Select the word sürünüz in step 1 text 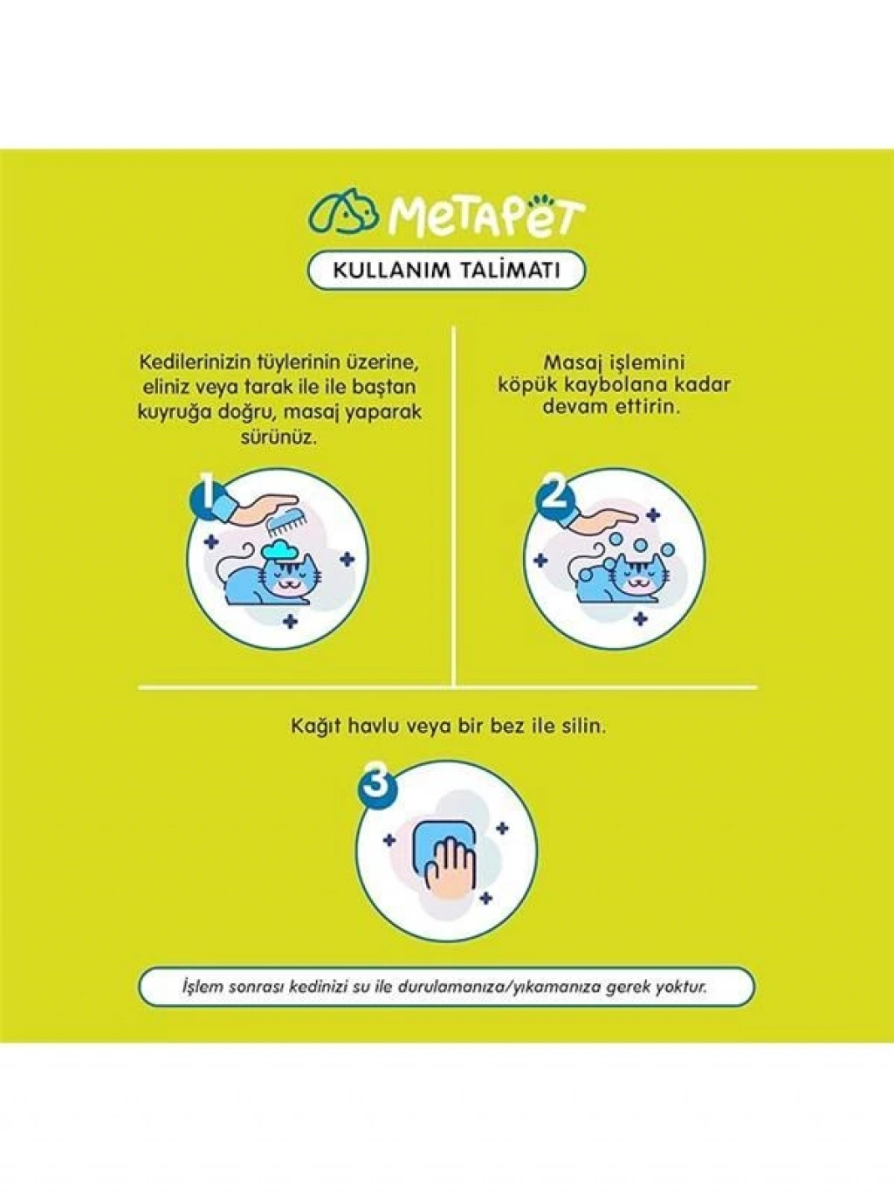pyautogui.click(x=279, y=438)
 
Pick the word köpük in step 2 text pyautogui.click(x=525, y=384)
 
